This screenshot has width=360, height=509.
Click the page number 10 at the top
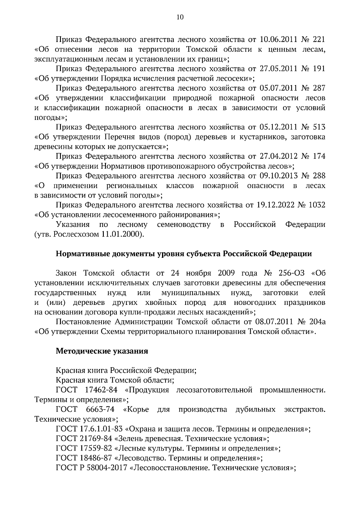coord(180,17)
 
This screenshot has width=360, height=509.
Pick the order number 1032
coord(317,205)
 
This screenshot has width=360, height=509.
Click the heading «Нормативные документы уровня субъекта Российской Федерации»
coord(184,254)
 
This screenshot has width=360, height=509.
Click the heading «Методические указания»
coord(102,351)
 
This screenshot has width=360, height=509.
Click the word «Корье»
coord(136,410)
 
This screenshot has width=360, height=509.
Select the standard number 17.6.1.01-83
coord(102,429)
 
